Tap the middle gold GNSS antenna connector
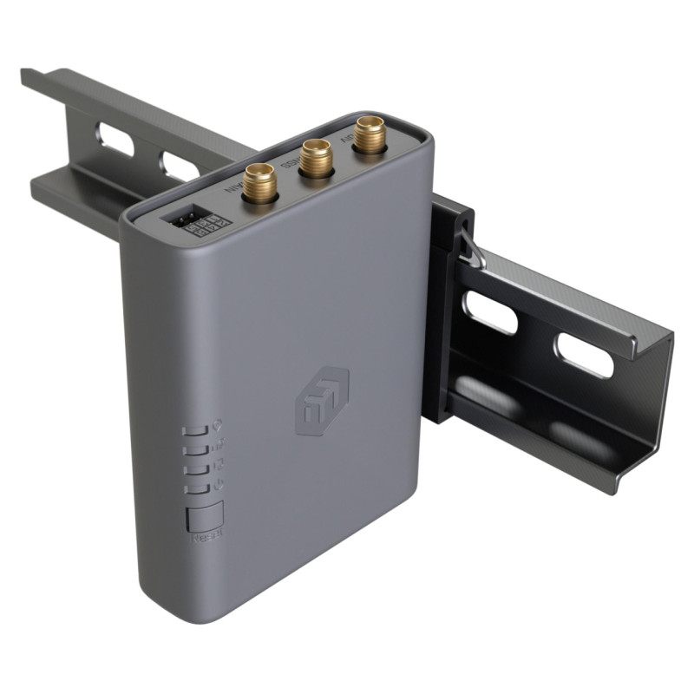315,159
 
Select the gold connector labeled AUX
369,135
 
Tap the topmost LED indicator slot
196,429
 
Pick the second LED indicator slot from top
197,449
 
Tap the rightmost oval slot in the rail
584,355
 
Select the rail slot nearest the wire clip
490,312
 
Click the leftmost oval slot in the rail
116,140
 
